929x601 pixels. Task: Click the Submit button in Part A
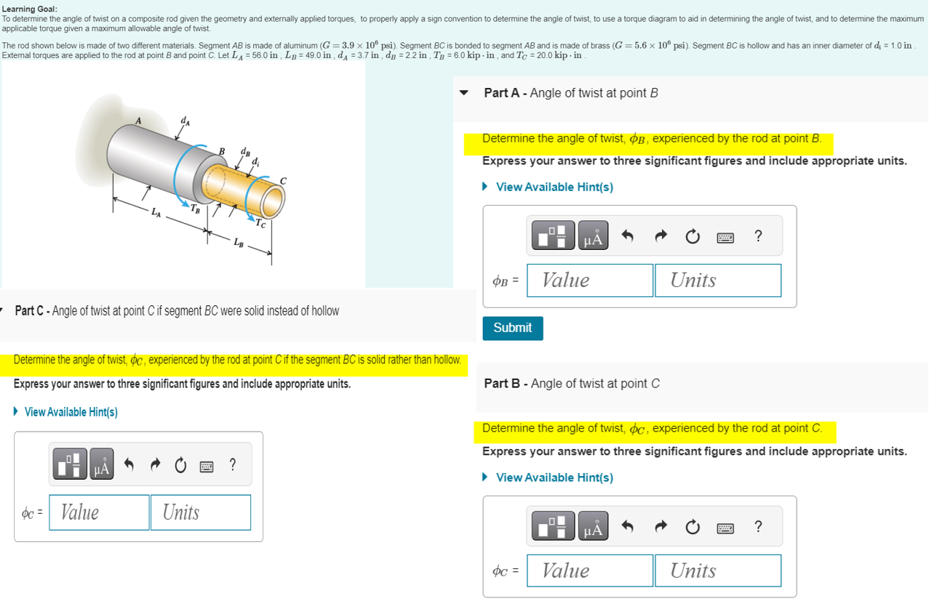point(512,328)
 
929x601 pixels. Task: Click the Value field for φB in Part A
point(589,281)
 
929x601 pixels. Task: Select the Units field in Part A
point(717,281)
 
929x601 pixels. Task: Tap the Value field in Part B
point(589,570)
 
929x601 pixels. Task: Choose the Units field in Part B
point(717,570)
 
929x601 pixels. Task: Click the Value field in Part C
point(99,512)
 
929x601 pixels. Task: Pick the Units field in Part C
point(200,512)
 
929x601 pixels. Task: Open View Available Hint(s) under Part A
point(554,187)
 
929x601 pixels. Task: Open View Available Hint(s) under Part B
point(554,477)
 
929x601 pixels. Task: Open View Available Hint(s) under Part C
point(71,412)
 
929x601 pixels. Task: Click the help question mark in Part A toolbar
point(758,235)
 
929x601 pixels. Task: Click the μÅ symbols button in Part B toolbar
point(593,526)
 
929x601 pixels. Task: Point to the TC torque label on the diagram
point(260,222)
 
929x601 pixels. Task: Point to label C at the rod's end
point(283,180)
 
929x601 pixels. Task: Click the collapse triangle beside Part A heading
point(465,93)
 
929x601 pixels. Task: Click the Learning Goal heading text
point(29,9)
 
